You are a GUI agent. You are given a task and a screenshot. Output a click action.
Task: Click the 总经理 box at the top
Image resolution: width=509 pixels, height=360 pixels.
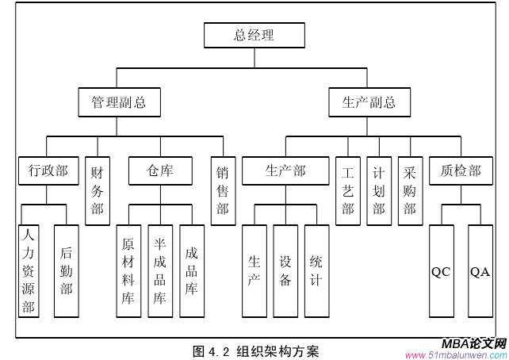coord(254,36)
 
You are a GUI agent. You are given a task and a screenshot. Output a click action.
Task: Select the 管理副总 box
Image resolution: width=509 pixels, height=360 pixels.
coord(118,103)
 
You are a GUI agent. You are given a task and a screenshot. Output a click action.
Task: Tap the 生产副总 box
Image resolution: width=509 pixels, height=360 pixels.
coord(369,103)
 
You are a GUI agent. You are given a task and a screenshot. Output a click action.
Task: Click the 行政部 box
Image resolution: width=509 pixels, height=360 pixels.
coord(48,170)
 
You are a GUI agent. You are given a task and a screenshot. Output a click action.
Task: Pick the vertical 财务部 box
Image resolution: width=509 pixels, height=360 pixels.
coord(97,190)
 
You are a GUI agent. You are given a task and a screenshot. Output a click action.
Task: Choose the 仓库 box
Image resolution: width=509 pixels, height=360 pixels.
coord(159,170)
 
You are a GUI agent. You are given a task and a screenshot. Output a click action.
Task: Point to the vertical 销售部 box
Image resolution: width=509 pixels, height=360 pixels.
coord(223,190)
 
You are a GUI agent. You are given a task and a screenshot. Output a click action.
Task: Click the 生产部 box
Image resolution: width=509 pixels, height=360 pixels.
coord(285,170)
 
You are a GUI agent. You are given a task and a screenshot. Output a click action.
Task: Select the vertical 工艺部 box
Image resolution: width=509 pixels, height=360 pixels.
coord(347,190)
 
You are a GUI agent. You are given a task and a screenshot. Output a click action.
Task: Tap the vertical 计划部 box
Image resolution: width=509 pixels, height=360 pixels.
coord(379,190)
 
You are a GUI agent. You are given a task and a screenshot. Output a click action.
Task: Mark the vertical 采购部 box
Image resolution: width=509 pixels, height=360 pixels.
coord(410,190)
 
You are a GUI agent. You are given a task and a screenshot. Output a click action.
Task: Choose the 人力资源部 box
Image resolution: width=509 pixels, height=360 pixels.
coord(29,271)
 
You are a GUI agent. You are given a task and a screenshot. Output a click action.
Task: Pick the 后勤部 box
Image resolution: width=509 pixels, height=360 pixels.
coord(67,271)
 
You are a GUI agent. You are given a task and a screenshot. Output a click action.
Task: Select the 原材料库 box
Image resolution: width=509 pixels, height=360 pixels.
coord(128,271)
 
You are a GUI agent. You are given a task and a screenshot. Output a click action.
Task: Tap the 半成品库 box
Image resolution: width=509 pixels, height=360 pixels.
coord(159,271)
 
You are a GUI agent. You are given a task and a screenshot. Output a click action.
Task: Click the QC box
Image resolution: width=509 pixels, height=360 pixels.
coord(441,271)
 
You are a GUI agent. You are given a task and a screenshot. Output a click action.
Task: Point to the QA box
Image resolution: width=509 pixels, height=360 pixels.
coord(480,271)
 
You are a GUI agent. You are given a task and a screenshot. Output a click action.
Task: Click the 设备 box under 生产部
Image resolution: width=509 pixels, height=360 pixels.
coord(285,271)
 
